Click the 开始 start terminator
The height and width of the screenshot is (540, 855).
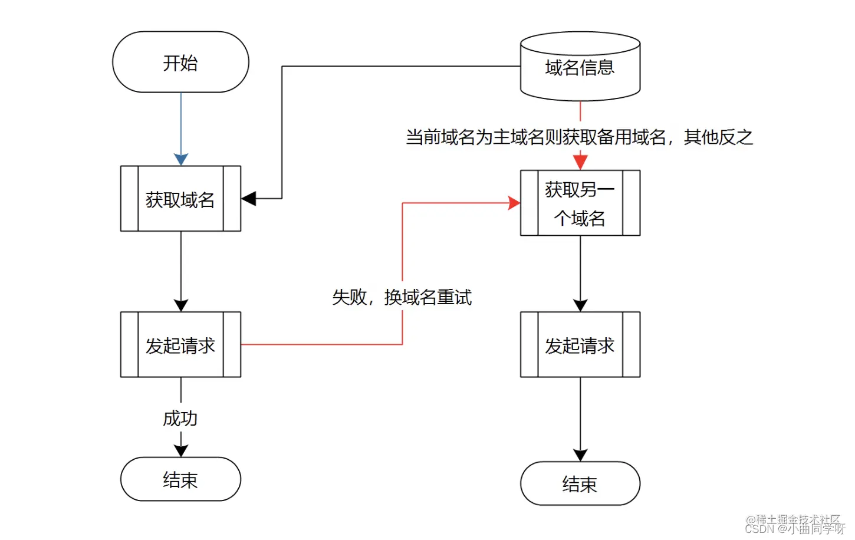(180, 62)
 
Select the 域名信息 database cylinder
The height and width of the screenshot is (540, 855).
(580, 67)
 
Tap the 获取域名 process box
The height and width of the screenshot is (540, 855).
(180, 199)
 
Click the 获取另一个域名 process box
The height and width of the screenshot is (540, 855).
(580, 203)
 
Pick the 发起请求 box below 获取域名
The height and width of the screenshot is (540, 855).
(180, 345)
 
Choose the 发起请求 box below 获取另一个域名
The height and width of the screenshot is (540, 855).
(580, 345)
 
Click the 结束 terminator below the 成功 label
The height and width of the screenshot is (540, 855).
(180, 479)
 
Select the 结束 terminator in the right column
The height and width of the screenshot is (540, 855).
(580, 484)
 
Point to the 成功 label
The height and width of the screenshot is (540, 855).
(180, 419)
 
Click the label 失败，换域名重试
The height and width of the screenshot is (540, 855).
(402, 297)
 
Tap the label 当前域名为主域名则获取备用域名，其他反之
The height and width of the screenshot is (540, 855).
(579, 137)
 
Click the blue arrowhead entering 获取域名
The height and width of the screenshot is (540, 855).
(181, 160)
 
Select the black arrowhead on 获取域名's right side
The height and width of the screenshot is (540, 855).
(249, 199)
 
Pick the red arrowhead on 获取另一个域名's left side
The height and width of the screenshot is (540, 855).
(514, 203)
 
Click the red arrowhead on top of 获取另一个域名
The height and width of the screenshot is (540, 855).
(580, 163)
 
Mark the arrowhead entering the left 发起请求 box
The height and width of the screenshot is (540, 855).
(181, 305)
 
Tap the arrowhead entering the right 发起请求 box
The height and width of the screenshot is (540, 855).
(580, 305)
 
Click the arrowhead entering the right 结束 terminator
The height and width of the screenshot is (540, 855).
(580, 455)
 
